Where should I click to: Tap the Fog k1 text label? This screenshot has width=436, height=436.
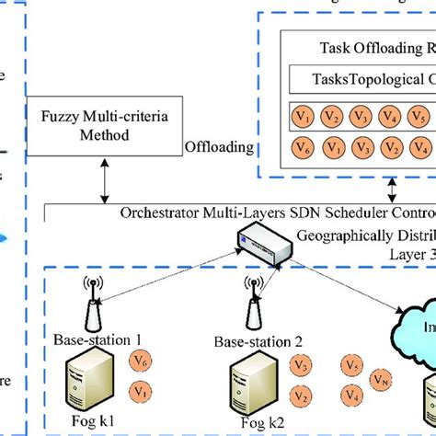pyautogui.click(x=91, y=428)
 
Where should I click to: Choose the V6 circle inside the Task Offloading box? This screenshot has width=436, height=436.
pyautogui.click(x=301, y=147)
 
